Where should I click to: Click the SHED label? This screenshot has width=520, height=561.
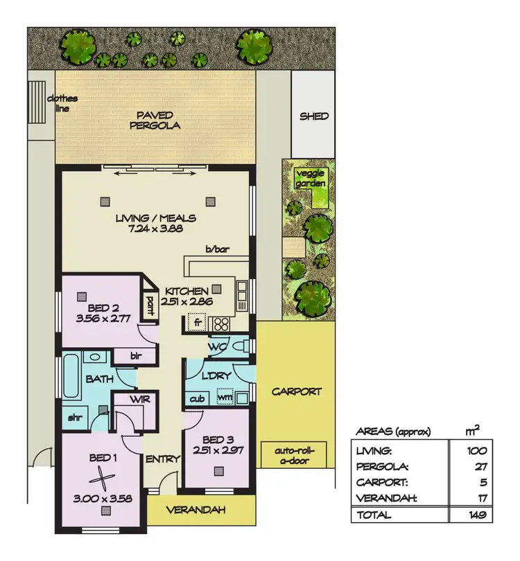tap(313, 116)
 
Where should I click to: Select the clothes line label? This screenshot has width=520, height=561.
tap(62, 103)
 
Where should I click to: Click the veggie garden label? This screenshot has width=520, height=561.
tap(309, 178)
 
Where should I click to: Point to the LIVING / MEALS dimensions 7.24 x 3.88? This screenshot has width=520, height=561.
tap(155, 228)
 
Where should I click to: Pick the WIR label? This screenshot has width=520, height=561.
tap(130, 400)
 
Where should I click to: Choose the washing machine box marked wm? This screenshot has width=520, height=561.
tap(224, 398)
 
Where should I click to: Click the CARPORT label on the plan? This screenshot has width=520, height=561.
tap(295, 391)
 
